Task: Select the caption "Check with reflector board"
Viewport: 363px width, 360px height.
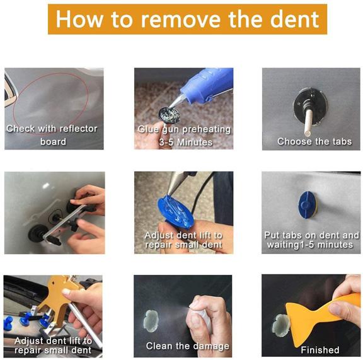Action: point(52,135)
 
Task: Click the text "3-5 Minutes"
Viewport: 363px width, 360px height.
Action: point(184,142)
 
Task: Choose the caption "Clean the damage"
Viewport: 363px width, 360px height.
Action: point(188,346)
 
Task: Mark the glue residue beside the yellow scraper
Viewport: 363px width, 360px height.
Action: point(281,324)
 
